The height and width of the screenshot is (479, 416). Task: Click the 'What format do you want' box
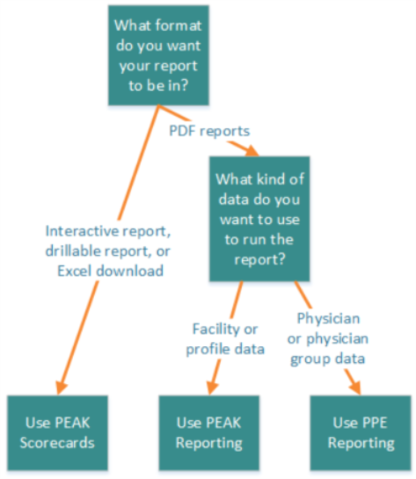tap(158, 55)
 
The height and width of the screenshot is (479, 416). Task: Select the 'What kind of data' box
tap(259, 219)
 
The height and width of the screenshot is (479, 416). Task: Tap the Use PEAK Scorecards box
tap(57, 433)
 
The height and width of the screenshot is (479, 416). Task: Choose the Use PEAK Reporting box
tap(209, 433)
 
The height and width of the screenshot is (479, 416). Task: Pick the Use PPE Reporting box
tap(361, 433)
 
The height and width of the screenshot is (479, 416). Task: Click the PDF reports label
tap(209, 131)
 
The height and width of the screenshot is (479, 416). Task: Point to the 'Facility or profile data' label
tap(225, 339)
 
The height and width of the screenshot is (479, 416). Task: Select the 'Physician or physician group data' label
tap(328, 338)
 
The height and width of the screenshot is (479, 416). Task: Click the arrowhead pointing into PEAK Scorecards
tap(61, 388)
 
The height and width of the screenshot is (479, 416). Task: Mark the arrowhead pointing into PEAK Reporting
tap(212, 388)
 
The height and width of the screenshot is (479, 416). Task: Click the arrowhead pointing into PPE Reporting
tap(356, 388)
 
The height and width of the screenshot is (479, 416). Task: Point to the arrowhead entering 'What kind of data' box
tap(252, 150)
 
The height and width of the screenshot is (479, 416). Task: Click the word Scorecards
tap(57, 443)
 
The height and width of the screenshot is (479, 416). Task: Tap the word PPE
tap(375, 423)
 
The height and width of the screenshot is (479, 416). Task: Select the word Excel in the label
tap(74, 271)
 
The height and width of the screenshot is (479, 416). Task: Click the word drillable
tap(73, 251)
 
